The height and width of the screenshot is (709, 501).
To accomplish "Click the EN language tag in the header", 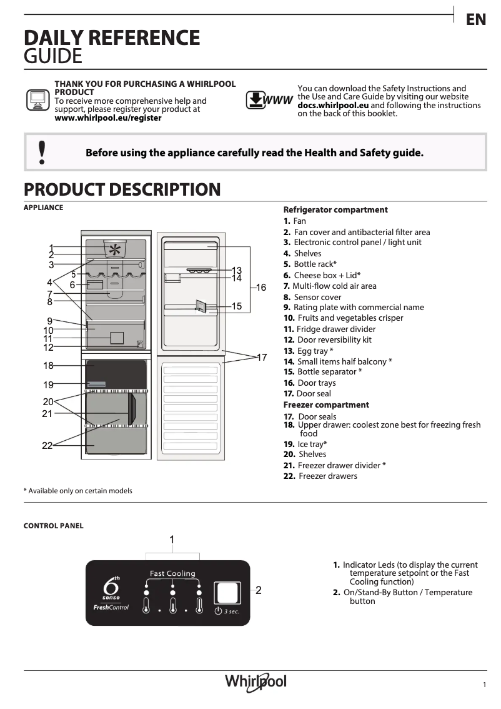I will point(476,20).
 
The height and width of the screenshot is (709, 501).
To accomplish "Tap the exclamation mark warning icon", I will point(42,152).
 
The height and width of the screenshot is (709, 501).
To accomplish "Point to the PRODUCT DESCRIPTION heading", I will point(122,189).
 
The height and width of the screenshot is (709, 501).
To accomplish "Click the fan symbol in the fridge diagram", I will point(115,250).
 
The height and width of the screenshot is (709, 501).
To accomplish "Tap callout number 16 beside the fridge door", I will point(260,288).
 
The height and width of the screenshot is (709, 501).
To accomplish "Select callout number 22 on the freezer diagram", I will point(47,446).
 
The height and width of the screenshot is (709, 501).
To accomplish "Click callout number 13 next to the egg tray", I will point(237,270).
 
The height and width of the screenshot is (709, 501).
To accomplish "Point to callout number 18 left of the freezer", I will point(49,366).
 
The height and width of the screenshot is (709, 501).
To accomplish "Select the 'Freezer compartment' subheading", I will point(326,405).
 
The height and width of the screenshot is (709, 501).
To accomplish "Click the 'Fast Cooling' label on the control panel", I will point(172,573).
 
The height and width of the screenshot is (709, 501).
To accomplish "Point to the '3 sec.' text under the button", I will point(231,611).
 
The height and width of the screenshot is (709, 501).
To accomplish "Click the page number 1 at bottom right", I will point(484,685).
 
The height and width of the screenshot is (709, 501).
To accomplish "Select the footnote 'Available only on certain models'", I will point(79,491).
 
